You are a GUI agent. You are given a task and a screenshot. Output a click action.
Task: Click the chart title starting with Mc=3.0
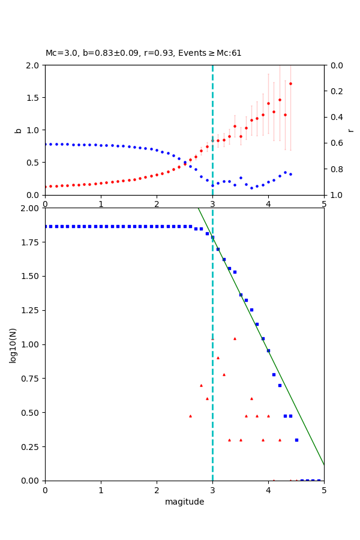[x=143, y=53]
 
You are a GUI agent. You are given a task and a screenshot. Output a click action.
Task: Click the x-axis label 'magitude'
[x=184, y=502]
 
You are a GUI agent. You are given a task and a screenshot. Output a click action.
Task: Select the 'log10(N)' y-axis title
[x=13, y=344]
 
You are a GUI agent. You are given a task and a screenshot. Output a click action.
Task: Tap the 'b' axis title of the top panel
[x=18, y=130]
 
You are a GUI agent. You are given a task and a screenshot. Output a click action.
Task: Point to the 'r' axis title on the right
[x=351, y=130]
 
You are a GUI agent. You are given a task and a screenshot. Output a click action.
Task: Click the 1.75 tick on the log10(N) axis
[x=29, y=242]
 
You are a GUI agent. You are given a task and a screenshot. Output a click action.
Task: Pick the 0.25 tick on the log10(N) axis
[x=29, y=446]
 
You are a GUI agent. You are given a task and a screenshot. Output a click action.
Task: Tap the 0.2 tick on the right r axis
[x=334, y=91]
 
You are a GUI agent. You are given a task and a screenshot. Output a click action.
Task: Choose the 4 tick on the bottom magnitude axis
[x=268, y=490]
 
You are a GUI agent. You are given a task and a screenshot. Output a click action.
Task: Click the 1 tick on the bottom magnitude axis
[x=101, y=490]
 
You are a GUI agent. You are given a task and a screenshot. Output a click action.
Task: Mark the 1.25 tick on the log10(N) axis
[x=29, y=310]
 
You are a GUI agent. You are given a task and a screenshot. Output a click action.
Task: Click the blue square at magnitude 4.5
[x=296, y=440]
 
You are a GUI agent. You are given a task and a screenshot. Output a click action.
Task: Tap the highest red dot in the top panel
[x=290, y=83]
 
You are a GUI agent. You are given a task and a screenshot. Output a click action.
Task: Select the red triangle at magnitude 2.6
[x=190, y=416]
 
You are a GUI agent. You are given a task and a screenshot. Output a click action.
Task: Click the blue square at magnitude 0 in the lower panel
[x=45, y=226]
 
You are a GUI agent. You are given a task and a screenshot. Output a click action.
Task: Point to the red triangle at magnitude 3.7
[x=251, y=398]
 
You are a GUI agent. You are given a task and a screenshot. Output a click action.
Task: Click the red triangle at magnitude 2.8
[x=201, y=385]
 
